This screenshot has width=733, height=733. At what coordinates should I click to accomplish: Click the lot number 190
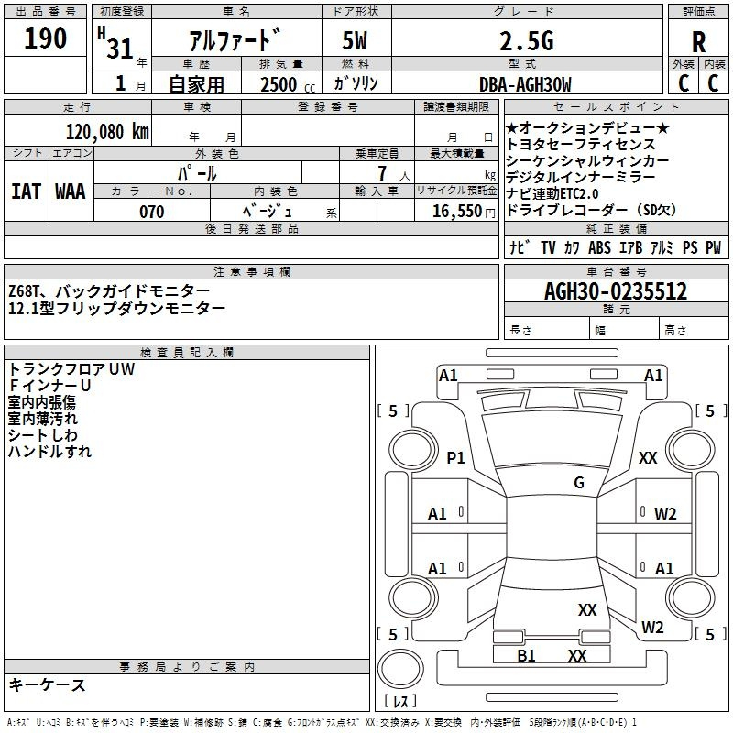(46, 38)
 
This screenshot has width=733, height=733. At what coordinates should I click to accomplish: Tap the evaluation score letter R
(698, 41)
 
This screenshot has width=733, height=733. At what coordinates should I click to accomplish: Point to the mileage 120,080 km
(108, 131)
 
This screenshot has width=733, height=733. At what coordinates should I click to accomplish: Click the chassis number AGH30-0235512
(615, 291)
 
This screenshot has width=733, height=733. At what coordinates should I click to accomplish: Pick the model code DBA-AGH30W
(525, 84)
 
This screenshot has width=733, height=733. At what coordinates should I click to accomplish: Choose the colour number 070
(151, 212)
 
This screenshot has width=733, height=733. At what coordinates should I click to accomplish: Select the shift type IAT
(26, 191)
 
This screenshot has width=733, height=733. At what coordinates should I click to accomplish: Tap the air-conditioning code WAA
(70, 191)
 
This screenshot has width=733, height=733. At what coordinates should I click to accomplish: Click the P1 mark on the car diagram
(455, 457)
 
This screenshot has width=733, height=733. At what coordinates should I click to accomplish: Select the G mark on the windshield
(578, 482)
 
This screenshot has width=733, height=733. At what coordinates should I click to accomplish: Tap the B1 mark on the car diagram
(526, 655)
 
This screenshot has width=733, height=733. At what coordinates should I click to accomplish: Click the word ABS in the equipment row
(599, 247)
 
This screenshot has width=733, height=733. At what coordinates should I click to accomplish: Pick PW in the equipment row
(713, 247)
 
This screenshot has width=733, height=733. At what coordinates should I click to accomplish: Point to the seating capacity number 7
(379, 173)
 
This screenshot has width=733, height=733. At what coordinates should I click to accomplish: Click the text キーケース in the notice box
(48, 684)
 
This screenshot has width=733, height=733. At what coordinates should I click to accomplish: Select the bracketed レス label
(400, 702)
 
